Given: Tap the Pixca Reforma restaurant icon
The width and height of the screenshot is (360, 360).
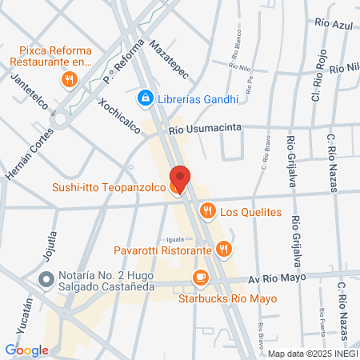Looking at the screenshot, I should [69, 79].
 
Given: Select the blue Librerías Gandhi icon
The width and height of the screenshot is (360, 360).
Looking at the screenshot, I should [145, 98].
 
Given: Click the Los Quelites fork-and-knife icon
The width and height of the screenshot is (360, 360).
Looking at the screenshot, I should [207, 211].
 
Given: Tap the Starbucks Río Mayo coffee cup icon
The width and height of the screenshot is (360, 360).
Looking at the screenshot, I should [200, 278].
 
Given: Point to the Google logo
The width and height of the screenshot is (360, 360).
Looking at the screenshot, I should [26, 350].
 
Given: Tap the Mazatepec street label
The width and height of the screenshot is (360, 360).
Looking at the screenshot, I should [168, 61].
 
